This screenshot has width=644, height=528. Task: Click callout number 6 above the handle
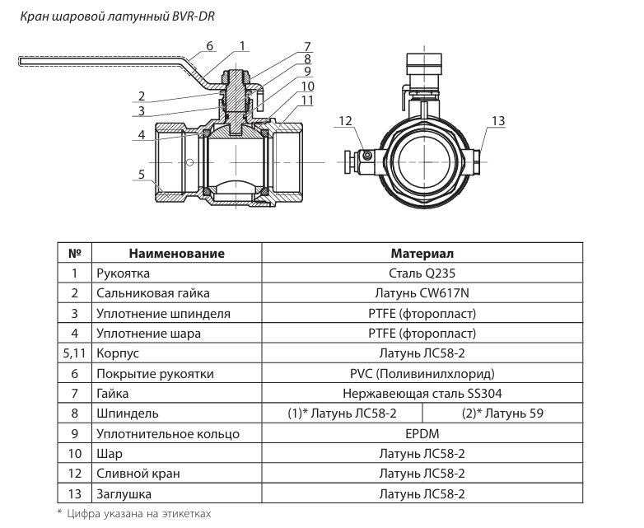click(209, 45)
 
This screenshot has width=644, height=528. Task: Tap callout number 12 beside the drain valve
click(345, 121)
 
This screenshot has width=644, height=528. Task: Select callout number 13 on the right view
click(497, 121)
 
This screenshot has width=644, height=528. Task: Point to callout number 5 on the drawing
click(142, 175)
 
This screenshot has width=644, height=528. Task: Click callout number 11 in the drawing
click(307, 100)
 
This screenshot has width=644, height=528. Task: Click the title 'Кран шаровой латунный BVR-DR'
click(118, 16)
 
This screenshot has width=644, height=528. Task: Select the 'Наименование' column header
click(176, 253)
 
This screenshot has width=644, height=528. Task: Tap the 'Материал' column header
click(422, 253)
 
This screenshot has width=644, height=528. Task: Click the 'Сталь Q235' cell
click(422, 273)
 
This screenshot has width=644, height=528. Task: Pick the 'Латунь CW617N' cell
click(422, 293)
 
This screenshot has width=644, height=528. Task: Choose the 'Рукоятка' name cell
click(123, 273)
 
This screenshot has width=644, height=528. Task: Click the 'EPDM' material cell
click(422, 434)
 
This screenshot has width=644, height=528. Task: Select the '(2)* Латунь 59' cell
click(502, 414)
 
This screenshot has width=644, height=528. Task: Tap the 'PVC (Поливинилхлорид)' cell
click(422, 374)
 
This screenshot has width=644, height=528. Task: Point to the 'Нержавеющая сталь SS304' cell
click(422, 394)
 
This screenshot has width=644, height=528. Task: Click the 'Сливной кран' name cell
click(138, 474)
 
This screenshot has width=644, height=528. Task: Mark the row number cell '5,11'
click(74, 353)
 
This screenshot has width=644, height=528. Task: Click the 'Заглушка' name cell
click(124, 494)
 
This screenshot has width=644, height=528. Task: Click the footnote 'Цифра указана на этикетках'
click(139, 514)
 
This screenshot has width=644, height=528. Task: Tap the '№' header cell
click(74, 253)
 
